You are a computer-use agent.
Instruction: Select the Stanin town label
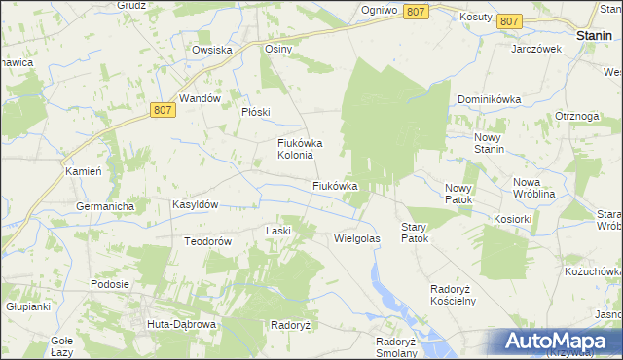(x=593, y=35)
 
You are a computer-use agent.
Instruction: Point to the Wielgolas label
(x=356, y=237)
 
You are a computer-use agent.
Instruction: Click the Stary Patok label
(x=415, y=232)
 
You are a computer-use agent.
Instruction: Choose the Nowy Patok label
(x=458, y=194)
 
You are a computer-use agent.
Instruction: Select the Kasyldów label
(x=195, y=204)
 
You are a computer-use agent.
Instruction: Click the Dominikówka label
(x=491, y=99)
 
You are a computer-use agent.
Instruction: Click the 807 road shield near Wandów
(x=164, y=111)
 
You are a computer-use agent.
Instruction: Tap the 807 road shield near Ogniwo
(x=416, y=11)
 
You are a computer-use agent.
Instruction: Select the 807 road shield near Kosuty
(x=508, y=20)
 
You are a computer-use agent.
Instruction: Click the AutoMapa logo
(x=559, y=341)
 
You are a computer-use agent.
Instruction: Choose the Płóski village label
(x=255, y=111)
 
